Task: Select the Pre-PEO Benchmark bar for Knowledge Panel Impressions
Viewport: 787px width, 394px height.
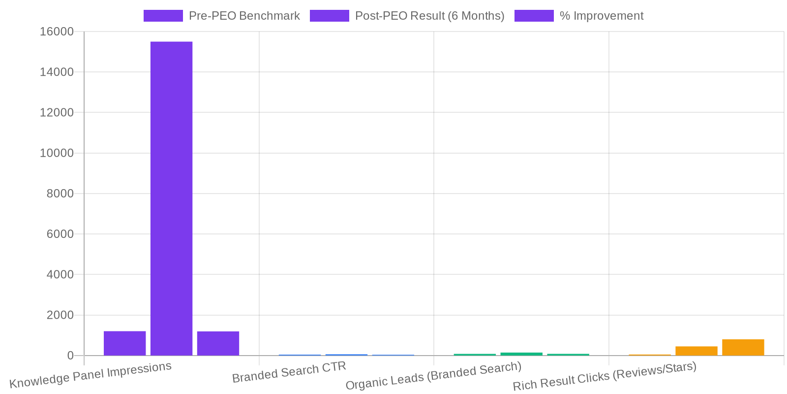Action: coord(124,343)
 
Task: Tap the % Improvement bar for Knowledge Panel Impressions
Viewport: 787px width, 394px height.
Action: coord(218,343)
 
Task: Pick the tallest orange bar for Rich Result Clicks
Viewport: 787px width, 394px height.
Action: coord(743,347)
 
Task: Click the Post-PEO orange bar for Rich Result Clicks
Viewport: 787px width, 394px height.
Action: coord(696,351)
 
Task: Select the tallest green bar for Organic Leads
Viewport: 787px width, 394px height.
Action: coord(521,354)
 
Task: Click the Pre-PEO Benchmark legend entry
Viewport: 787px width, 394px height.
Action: coord(221,16)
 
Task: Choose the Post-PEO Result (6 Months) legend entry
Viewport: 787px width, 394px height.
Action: coord(407,16)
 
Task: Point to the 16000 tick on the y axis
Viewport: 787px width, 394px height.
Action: coord(57,32)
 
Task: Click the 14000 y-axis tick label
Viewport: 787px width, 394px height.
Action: coord(57,72)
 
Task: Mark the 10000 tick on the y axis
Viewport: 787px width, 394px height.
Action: coord(57,153)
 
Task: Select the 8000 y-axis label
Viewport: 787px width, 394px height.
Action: coord(60,194)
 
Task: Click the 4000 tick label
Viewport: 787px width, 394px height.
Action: coord(60,274)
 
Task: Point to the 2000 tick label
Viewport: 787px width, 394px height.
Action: coord(60,315)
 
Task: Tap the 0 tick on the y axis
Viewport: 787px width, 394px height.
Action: coord(70,356)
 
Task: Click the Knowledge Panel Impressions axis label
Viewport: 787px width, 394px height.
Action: coord(91,375)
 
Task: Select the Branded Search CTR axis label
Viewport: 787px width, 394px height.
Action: coord(289,372)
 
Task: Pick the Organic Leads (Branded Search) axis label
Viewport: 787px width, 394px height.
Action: coord(433,376)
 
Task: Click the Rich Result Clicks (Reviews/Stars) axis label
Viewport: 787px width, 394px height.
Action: coord(605,376)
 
